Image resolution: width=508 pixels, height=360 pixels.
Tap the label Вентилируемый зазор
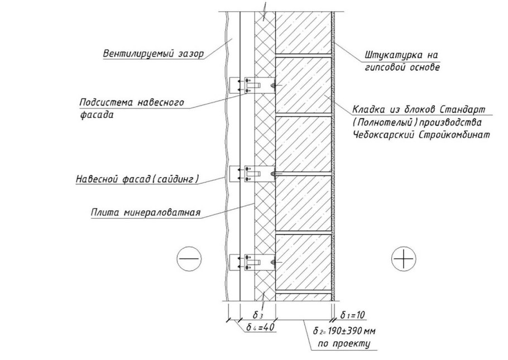[152, 54]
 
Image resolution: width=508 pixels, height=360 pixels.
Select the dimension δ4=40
[261, 328]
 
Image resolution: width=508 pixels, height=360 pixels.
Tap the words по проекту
[344, 343]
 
